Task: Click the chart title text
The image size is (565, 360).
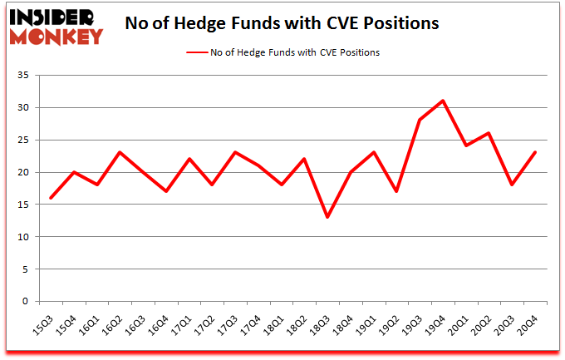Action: coord(282,24)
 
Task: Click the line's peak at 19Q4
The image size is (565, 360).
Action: coord(444,101)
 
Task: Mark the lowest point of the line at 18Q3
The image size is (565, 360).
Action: coord(327,217)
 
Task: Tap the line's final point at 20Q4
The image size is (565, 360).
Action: coord(536,152)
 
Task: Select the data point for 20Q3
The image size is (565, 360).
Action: coord(513,185)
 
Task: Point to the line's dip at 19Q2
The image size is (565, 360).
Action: coord(397,191)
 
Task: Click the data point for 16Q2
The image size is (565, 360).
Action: coord(120,152)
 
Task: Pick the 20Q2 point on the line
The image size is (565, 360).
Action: coord(489,133)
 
